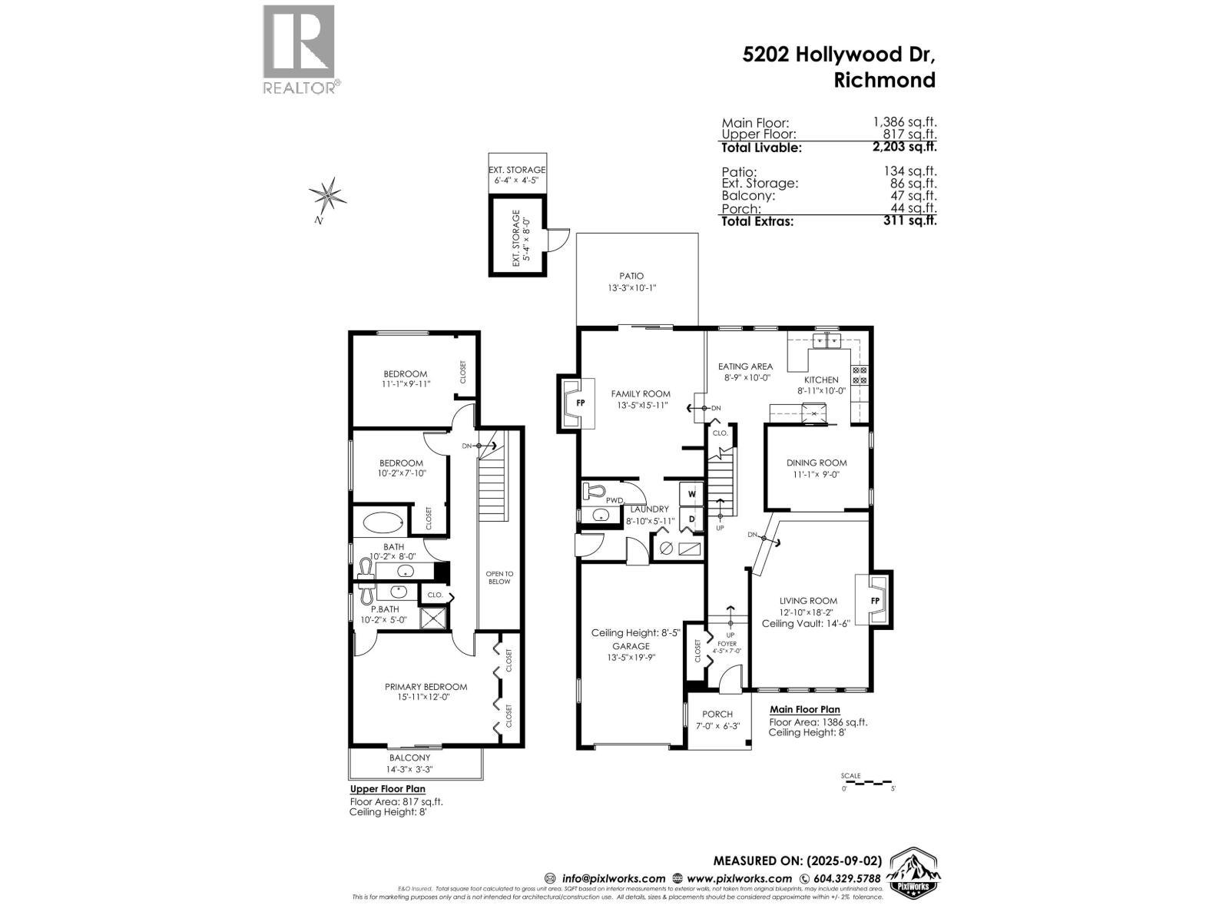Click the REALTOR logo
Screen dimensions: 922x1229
(299, 50)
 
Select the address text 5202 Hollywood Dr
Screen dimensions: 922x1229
(839, 55)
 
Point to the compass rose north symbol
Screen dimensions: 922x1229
(328, 197)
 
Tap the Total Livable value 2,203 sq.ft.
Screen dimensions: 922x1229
(909, 147)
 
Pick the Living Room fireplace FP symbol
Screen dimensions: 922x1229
(875, 600)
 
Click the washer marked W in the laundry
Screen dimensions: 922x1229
(691, 493)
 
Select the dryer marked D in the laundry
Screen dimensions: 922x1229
(691, 520)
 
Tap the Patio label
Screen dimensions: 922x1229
(631, 276)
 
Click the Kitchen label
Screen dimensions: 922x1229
(821, 380)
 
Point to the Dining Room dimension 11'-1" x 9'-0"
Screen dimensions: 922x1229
(817, 475)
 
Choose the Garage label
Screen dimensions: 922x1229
(631, 646)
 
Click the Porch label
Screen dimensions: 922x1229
(717, 714)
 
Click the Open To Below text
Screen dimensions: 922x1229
(499, 578)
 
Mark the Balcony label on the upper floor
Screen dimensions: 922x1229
(409, 758)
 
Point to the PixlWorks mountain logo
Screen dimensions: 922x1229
(913, 873)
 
